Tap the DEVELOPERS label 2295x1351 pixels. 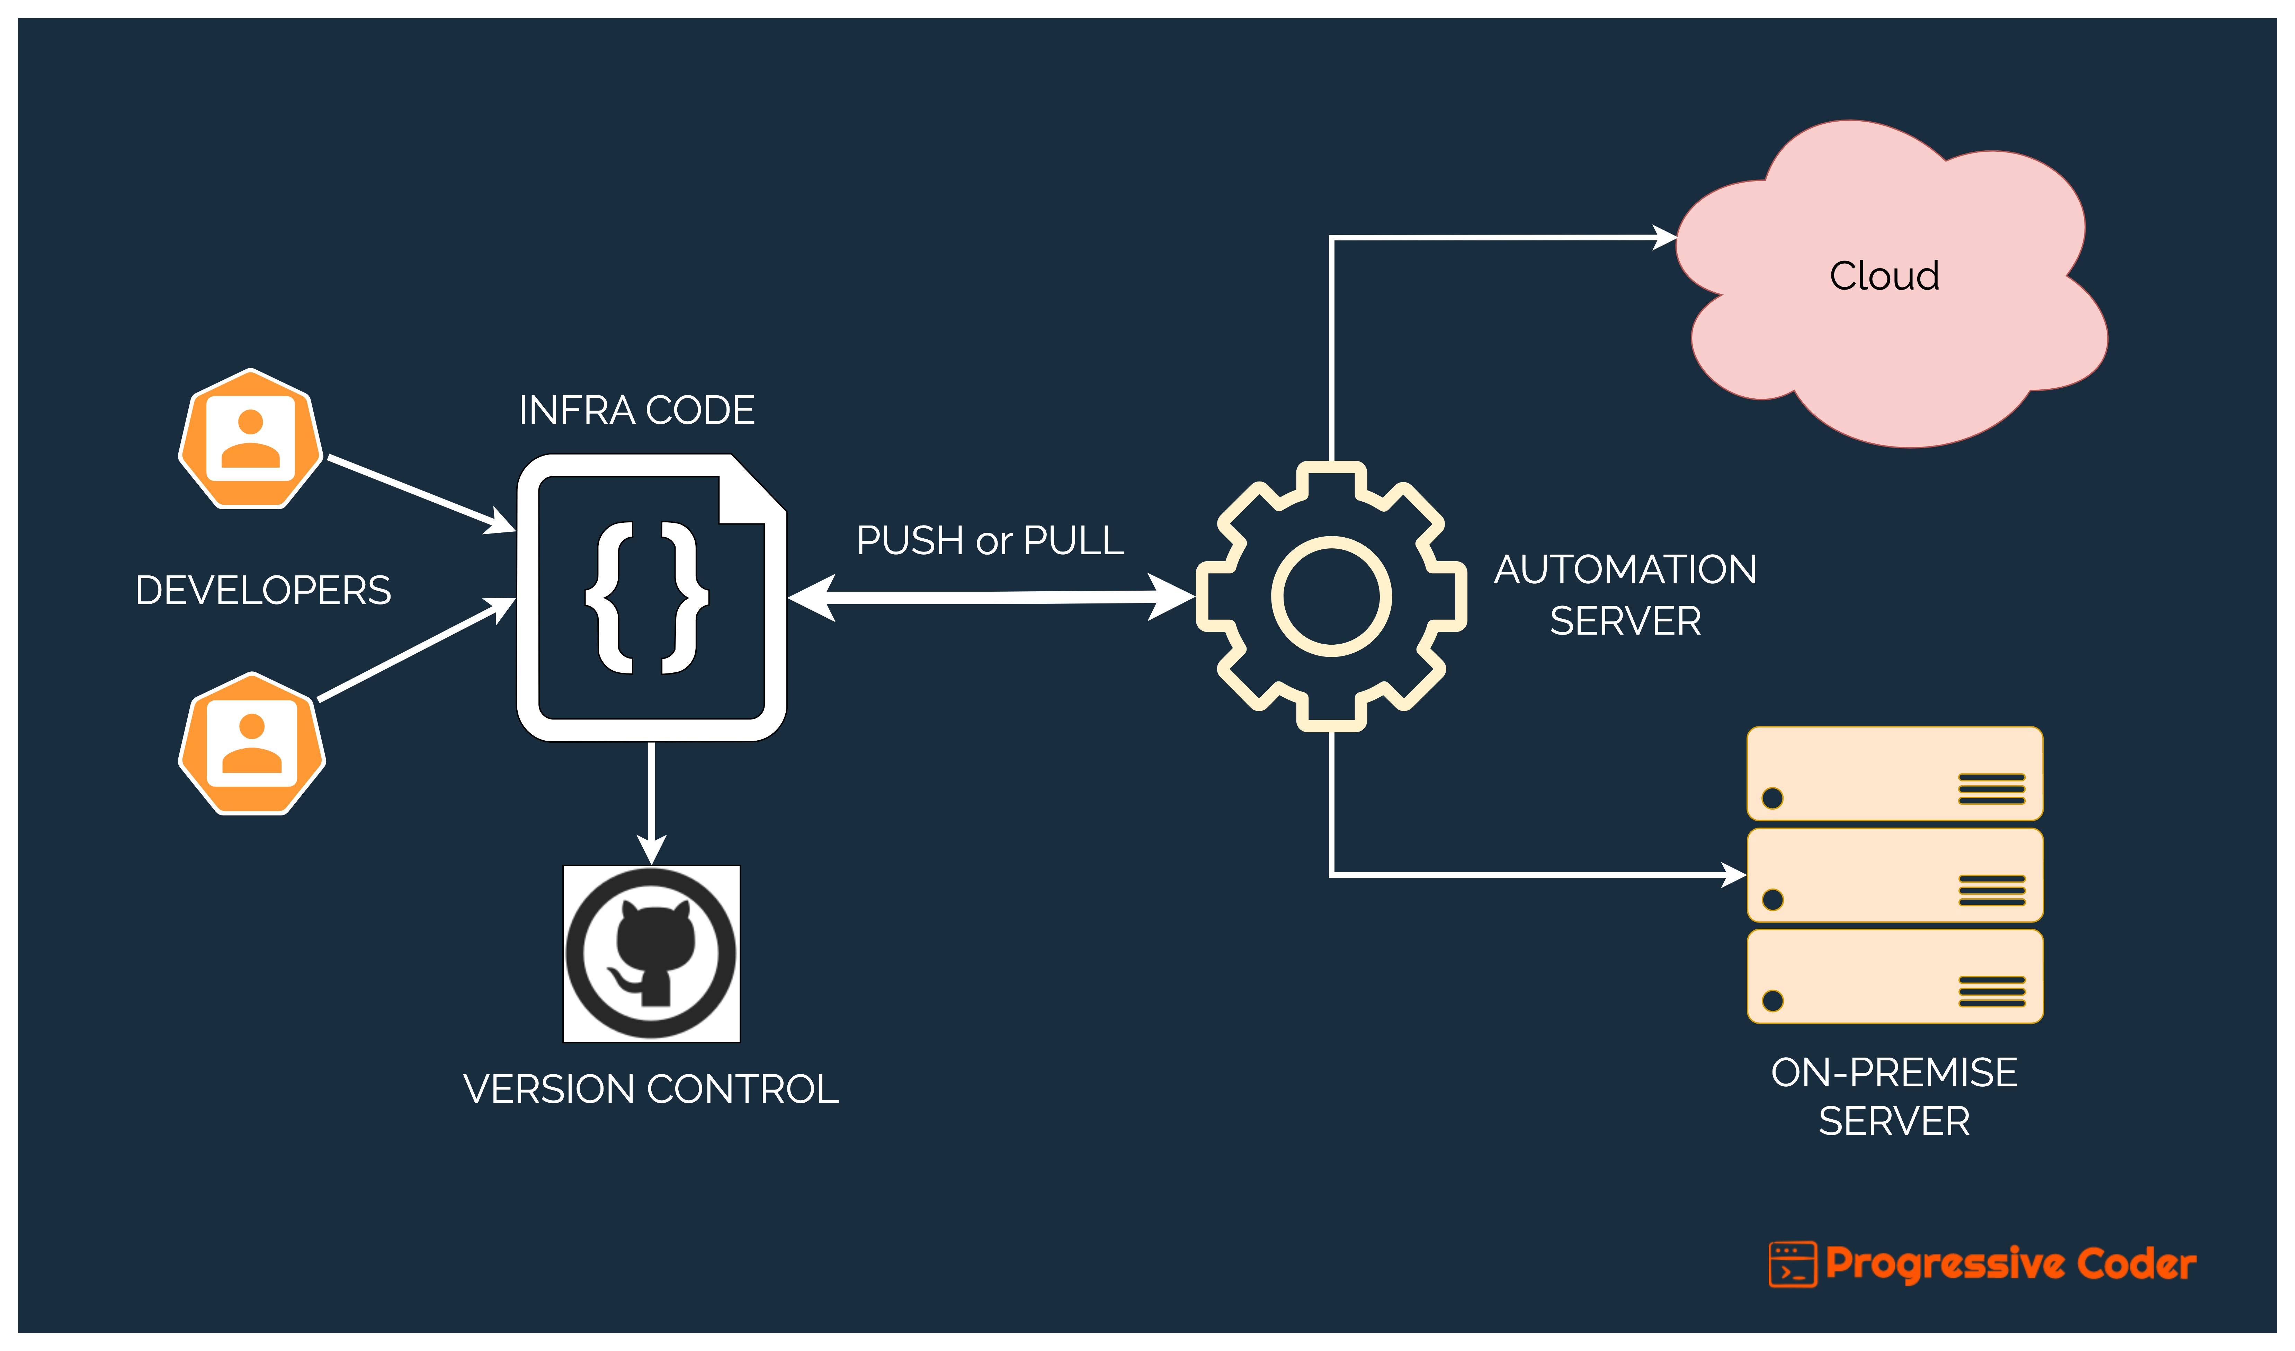pos(263,590)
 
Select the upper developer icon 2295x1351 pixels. pos(250,439)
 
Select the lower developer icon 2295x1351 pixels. pos(251,743)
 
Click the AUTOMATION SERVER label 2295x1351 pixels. pos(1626,595)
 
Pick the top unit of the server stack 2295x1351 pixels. pos(1894,774)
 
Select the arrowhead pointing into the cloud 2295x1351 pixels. pos(1665,238)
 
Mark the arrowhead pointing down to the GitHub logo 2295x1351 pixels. pos(651,849)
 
